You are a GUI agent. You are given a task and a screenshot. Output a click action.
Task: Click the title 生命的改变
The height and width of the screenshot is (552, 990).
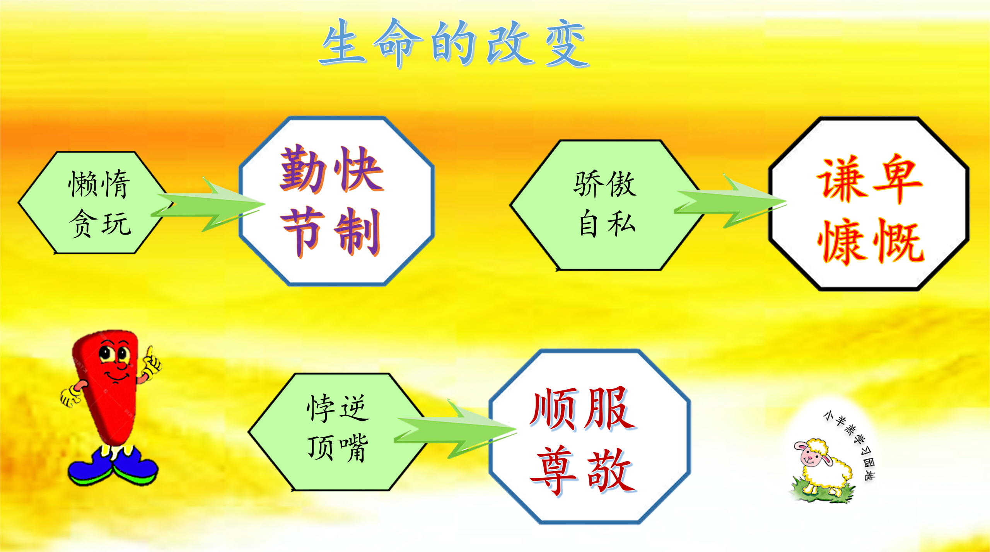(454, 43)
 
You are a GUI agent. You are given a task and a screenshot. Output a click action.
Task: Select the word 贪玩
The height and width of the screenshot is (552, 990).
(100, 223)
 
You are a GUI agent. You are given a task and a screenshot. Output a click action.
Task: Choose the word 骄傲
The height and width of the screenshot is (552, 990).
(605, 184)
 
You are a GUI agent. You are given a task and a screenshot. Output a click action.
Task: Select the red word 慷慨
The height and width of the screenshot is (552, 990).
(871, 240)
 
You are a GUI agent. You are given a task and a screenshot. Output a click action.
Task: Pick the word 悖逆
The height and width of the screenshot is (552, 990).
(338, 407)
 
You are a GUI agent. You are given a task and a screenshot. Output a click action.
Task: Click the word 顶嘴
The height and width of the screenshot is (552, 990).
(338, 447)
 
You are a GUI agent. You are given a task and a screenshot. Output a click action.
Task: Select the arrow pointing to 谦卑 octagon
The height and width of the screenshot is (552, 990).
(731, 201)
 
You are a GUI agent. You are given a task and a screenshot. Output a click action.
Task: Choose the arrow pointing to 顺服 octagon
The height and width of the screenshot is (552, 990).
(456, 429)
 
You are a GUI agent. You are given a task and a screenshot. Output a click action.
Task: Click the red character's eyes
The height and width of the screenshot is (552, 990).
(114, 353)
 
